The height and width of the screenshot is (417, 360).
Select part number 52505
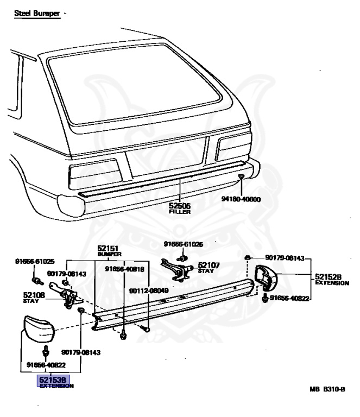[x=179, y=206]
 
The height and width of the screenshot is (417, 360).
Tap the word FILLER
[x=179, y=212]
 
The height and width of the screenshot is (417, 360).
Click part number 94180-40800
[x=241, y=199]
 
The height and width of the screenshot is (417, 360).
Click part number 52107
[x=209, y=265]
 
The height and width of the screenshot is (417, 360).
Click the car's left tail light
[x=96, y=173]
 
